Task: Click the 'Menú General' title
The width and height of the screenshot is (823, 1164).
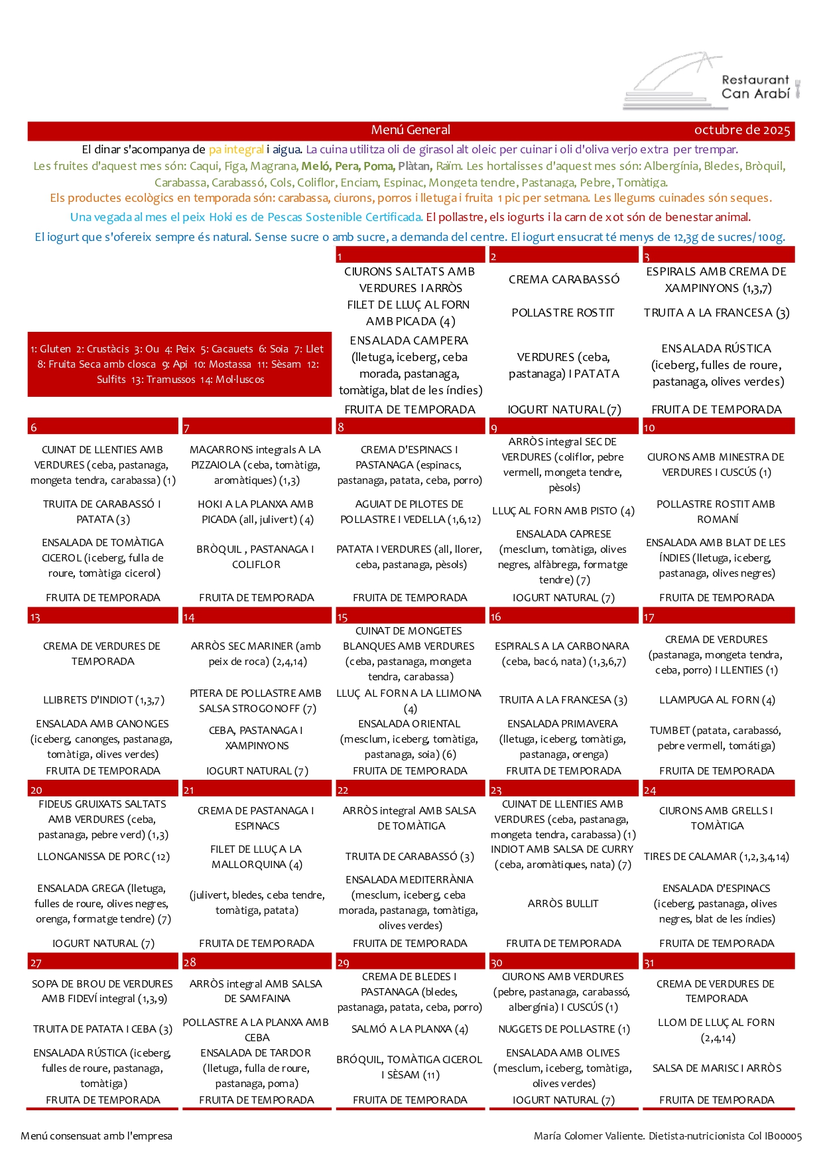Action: click(411, 130)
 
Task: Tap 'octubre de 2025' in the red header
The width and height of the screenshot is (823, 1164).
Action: click(742, 130)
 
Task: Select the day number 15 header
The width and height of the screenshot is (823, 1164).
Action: click(343, 617)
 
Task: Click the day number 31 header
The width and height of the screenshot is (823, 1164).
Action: click(649, 962)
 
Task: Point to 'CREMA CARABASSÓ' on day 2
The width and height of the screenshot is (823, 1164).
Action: click(564, 279)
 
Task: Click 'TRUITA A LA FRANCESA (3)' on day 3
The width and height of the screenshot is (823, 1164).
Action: click(716, 313)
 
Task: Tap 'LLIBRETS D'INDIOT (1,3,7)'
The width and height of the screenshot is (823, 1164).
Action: click(103, 699)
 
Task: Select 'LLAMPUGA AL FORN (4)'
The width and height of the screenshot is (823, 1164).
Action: click(716, 699)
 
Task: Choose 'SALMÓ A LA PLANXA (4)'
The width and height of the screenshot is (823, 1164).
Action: click(410, 1029)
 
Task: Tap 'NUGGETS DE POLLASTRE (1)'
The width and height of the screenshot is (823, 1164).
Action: click(564, 1029)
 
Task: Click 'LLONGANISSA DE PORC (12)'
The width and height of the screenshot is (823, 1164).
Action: click(103, 857)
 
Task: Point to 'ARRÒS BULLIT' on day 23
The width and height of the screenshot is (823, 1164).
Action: click(563, 903)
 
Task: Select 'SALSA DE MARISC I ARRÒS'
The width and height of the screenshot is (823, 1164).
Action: click(716, 1068)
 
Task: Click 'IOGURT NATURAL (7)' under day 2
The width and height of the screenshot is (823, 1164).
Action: click(564, 409)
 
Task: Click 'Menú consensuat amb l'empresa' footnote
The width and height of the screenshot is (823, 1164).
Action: click(97, 1135)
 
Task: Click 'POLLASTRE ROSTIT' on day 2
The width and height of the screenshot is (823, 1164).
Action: click(563, 313)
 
